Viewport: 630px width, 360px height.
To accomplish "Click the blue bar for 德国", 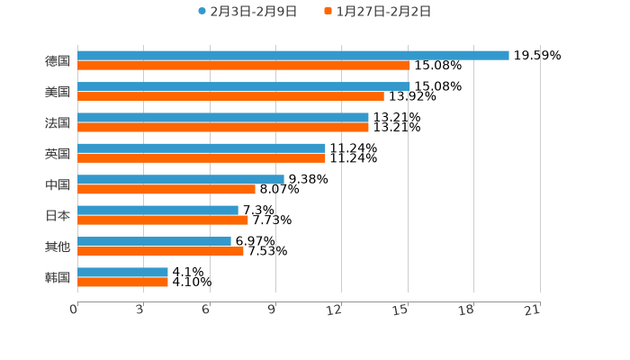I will (293, 56).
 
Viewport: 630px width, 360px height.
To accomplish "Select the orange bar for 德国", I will (244, 66).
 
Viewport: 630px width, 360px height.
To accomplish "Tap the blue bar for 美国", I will (244, 86).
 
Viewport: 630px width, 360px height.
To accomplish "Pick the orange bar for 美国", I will (230, 96).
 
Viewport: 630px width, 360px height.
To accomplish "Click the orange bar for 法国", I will (223, 127).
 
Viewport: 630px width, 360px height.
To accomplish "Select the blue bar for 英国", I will (202, 148).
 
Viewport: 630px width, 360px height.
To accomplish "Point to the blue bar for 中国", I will (181, 179).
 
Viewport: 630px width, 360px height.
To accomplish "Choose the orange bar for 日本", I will (163, 220).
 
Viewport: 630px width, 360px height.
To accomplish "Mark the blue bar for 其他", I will (154, 241).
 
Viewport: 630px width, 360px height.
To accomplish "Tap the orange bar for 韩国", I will (122, 282).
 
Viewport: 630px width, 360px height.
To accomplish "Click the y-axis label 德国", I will (58, 61).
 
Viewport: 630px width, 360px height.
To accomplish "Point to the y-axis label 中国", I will (58, 184).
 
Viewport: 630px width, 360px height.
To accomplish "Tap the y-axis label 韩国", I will (58, 277).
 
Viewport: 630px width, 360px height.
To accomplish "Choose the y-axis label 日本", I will (58, 215).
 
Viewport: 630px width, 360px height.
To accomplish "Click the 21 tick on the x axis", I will (533, 310).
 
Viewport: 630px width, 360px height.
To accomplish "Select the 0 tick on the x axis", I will (74, 310).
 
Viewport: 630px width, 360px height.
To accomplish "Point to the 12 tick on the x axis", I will (335, 310).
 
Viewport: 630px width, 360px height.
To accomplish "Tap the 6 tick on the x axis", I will (206, 310).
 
